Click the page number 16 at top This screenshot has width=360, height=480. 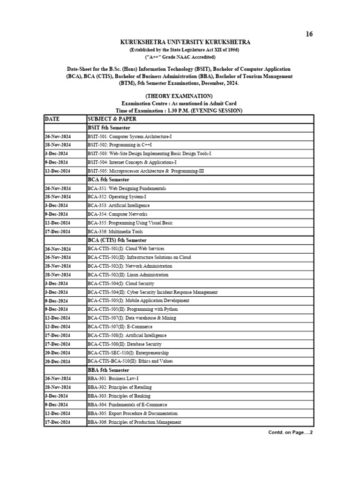pos(308,34)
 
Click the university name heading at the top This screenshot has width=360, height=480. pos(179,43)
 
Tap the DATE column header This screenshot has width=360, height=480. pos(52,119)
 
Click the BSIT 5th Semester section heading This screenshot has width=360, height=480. pos(109,127)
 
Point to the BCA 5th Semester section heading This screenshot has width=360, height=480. pos(108,180)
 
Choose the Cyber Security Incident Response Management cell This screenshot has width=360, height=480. pos(152,292)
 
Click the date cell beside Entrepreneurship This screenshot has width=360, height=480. pos(58,352)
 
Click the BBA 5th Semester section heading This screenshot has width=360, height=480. pos(108,370)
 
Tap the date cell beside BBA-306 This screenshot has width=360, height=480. pos(58,422)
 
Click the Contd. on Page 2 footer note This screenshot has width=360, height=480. pos(290,432)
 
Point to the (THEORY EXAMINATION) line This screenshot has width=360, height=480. pos(179,96)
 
